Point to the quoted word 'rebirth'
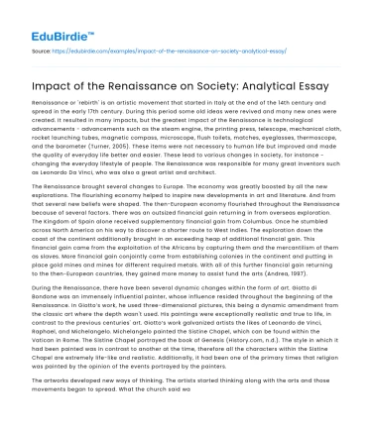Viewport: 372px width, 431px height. tap(80, 103)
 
